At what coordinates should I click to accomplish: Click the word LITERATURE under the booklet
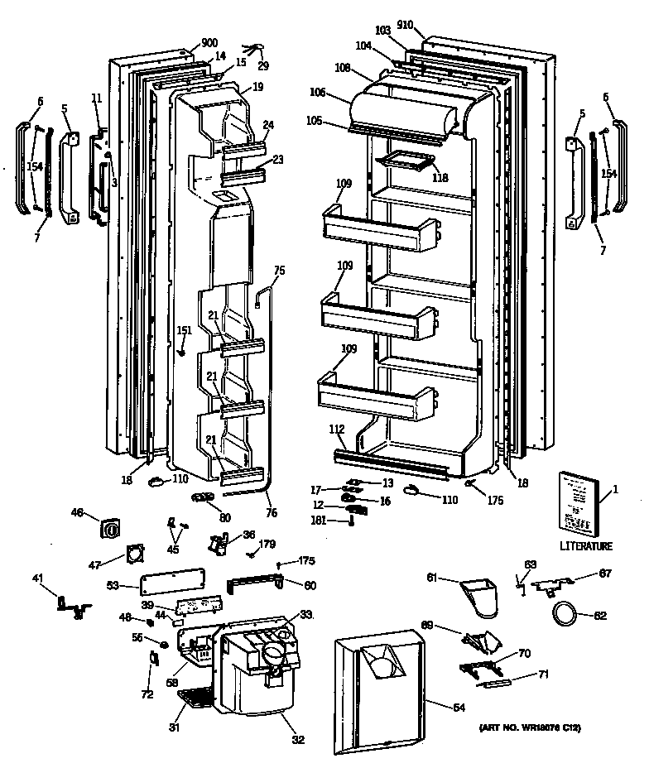tap(585, 546)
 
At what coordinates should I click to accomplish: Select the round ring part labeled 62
tap(565, 614)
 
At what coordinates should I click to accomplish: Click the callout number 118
tap(440, 176)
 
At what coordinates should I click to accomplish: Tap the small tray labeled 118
tap(405, 163)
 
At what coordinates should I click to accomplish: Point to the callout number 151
tap(184, 331)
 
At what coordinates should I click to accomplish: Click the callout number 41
tap(37, 578)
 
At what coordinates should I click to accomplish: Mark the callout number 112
tap(336, 429)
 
